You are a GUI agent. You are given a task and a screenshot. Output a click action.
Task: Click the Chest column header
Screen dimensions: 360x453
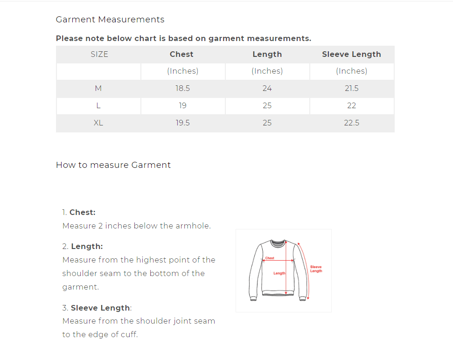(181, 54)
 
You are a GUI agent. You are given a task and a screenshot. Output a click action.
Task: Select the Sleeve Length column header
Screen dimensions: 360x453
(351, 54)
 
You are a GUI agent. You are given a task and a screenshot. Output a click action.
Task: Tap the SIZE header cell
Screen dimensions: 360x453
(99, 54)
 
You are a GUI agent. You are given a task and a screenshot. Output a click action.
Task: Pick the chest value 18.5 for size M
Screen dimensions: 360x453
(182, 88)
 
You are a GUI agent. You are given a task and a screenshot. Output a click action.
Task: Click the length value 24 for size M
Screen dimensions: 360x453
(267, 88)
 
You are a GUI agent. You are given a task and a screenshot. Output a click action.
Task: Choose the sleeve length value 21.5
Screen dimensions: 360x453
(351, 88)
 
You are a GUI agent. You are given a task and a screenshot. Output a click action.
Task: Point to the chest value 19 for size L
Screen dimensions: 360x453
(182, 105)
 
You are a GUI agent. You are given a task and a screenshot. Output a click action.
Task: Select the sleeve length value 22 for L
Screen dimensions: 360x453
(351, 105)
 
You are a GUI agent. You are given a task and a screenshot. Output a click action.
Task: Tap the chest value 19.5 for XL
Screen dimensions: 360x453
(182, 123)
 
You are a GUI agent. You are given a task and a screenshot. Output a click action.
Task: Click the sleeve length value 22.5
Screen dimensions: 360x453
(351, 123)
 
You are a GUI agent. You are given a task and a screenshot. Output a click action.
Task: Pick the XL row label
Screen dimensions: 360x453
(98, 123)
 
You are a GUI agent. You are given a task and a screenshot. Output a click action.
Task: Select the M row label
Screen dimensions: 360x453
(98, 88)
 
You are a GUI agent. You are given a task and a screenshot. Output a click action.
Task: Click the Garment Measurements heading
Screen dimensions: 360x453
(110, 20)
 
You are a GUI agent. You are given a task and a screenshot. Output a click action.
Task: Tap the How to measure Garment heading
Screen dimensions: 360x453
(113, 165)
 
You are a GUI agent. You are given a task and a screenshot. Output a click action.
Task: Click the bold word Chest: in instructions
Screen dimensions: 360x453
(83, 212)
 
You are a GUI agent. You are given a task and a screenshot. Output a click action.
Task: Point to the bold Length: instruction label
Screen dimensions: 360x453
(87, 246)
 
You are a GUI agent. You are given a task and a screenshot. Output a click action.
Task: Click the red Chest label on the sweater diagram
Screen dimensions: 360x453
(270, 258)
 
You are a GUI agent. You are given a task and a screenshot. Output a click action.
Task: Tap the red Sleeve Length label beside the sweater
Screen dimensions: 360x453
(316, 269)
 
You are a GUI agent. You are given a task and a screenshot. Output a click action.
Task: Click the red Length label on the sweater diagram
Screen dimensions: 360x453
(279, 273)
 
